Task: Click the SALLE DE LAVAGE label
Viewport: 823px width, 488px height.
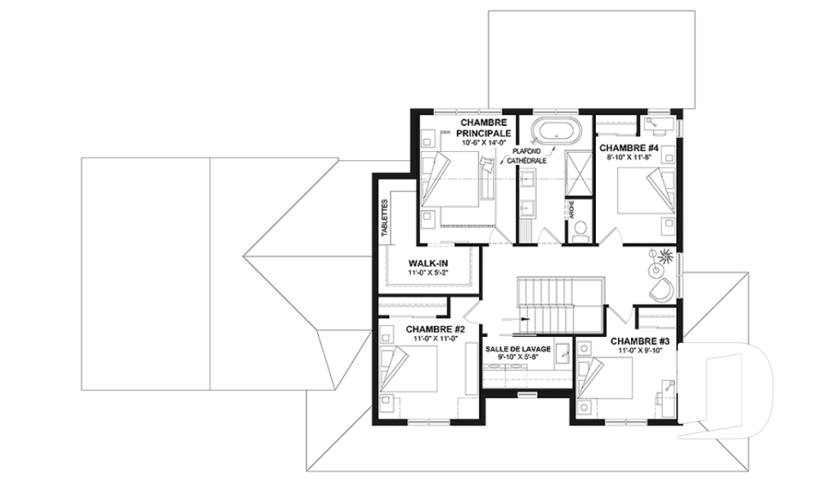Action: (517, 349)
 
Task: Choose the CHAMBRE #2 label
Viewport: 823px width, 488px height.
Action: (435, 328)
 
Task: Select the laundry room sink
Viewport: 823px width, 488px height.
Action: (561, 351)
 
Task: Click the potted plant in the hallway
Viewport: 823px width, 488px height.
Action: (661, 254)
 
